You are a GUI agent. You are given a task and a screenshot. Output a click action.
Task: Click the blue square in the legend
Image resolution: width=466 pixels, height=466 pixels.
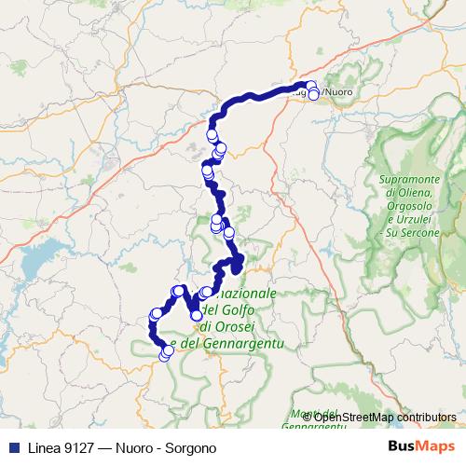click(9, 447)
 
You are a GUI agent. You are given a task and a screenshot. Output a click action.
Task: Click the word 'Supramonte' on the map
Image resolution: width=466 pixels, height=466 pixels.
click(411, 180)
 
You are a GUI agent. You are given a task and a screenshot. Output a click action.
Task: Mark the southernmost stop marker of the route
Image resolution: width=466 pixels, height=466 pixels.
click(166, 355)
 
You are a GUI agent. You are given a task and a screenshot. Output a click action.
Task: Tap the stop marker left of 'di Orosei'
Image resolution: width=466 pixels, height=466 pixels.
click(197, 316)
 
